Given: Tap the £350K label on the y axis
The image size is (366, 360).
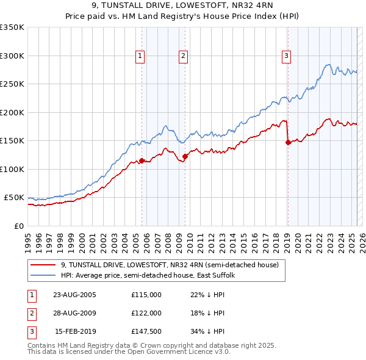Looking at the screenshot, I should [x=12, y=27].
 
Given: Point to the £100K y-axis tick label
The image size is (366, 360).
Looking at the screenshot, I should [x=12, y=169].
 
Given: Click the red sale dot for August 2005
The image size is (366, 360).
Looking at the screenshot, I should [x=142, y=160].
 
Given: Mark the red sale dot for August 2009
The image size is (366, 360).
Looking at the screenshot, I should [x=185, y=157].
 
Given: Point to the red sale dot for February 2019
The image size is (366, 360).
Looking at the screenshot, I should [x=287, y=142].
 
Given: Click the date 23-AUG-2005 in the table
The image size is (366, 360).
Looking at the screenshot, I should [x=75, y=295].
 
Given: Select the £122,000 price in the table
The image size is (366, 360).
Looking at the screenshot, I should [x=146, y=313].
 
